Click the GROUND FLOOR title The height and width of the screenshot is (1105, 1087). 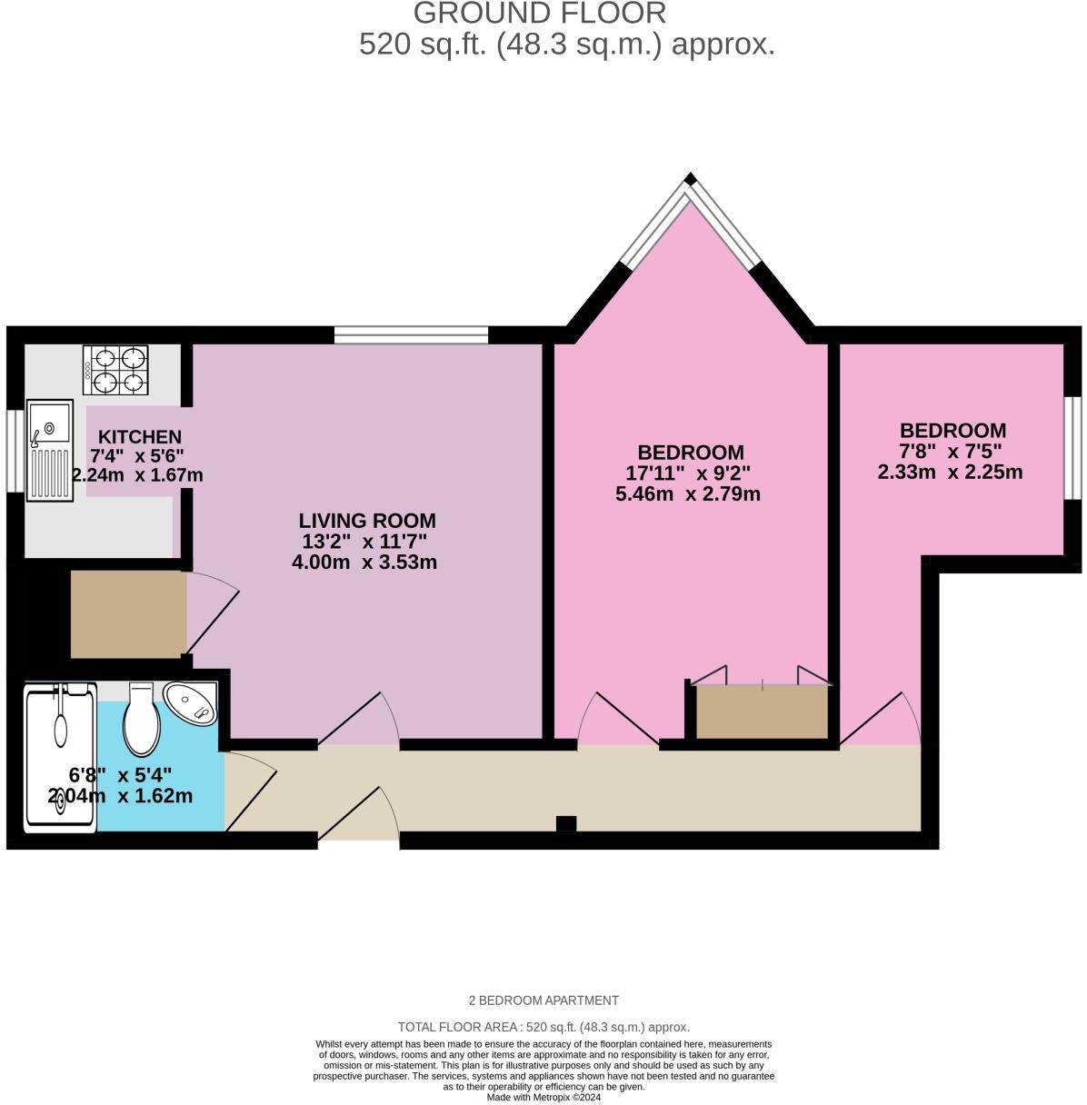pos(540,14)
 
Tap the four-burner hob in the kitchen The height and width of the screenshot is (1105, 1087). pos(115,370)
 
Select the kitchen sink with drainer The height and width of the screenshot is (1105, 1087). pos(50,450)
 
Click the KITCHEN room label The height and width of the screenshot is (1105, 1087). pos(139,437)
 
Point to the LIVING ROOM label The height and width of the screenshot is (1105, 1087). pos(367,521)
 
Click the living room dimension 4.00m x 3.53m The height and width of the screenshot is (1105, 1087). pos(364,562)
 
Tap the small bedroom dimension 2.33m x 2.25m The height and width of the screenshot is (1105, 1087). pos(950,473)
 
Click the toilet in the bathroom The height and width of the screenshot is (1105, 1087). pos(142,720)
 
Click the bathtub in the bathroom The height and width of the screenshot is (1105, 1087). pos(60,759)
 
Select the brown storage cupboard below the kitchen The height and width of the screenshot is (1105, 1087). pos(128,613)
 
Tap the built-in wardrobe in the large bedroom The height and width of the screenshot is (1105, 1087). pos(762,712)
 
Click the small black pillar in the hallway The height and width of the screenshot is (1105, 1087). pos(565,823)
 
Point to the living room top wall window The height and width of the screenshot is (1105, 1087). pos(411,335)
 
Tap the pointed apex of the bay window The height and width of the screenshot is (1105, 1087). pos(692,179)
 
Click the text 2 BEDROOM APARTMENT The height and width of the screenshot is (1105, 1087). pos(543,1000)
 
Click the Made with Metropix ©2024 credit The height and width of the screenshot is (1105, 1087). pos(543,1097)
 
